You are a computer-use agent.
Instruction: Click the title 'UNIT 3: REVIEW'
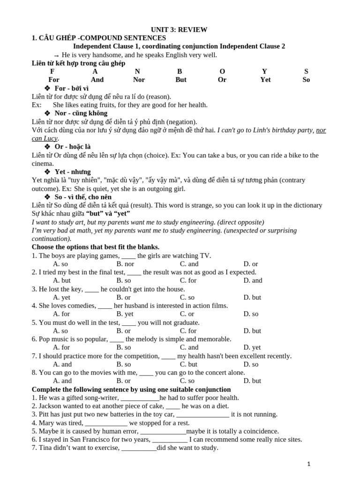(179, 30)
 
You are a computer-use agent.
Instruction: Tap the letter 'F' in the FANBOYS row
(52, 71)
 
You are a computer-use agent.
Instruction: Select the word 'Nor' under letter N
(139, 80)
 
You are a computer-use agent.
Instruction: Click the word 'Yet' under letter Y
(265, 80)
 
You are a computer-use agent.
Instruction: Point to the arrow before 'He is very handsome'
(56, 55)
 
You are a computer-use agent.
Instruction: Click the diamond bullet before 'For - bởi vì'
(47, 88)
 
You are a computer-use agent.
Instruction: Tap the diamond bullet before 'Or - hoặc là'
(47, 147)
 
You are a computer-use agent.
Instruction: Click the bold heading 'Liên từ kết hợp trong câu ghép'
(78, 63)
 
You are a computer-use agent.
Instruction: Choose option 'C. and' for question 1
(189, 264)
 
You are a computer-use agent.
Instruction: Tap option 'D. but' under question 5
(252, 330)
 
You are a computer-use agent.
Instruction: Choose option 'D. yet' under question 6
(252, 347)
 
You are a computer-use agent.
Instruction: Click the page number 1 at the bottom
(308, 464)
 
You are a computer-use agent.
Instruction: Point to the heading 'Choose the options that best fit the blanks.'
(96, 247)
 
